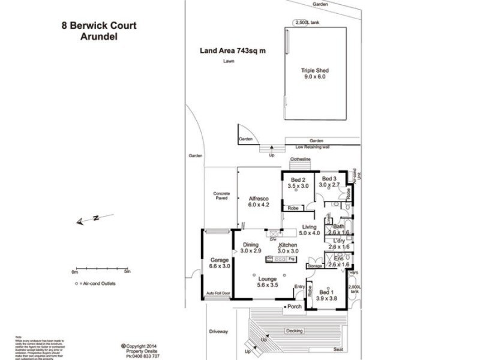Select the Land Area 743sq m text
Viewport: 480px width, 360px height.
[233, 51]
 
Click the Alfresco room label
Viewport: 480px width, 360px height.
[258, 198]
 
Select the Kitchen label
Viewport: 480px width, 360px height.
[288, 246]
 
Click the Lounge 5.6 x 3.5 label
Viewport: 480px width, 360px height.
[267, 279]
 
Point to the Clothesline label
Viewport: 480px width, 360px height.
[299, 160]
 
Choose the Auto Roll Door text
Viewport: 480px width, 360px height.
[218, 294]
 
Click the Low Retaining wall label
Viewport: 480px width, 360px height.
[313, 146]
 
